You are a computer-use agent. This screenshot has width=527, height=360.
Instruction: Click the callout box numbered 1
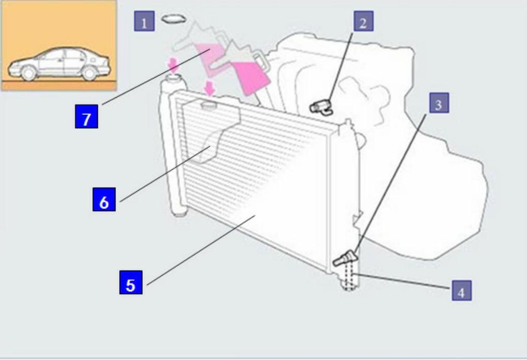pyautogui.click(x=144, y=22)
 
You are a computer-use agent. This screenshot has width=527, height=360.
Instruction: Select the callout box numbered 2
pyautogui.click(x=363, y=22)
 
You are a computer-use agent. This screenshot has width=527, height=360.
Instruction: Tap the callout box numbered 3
pyautogui.click(x=438, y=104)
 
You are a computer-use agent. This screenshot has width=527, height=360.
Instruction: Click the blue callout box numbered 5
pyautogui.click(x=131, y=284)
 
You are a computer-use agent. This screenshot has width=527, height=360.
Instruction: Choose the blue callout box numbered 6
pyautogui.click(x=104, y=201)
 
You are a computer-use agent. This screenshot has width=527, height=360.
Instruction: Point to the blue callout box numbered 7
pyautogui.click(x=86, y=118)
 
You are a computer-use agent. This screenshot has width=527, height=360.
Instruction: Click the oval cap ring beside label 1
pyautogui.click(x=173, y=19)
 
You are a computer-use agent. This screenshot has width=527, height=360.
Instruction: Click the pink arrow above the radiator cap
pyautogui.click(x=210, y=87)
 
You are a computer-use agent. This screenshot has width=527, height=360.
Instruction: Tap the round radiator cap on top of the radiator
pyautogui.click(x=209, y=105)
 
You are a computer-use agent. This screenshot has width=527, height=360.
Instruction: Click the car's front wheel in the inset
pyautogui.click(x=29, y=73)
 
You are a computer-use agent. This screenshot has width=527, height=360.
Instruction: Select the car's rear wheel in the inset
pyautogui.click(x=90, y=73)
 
